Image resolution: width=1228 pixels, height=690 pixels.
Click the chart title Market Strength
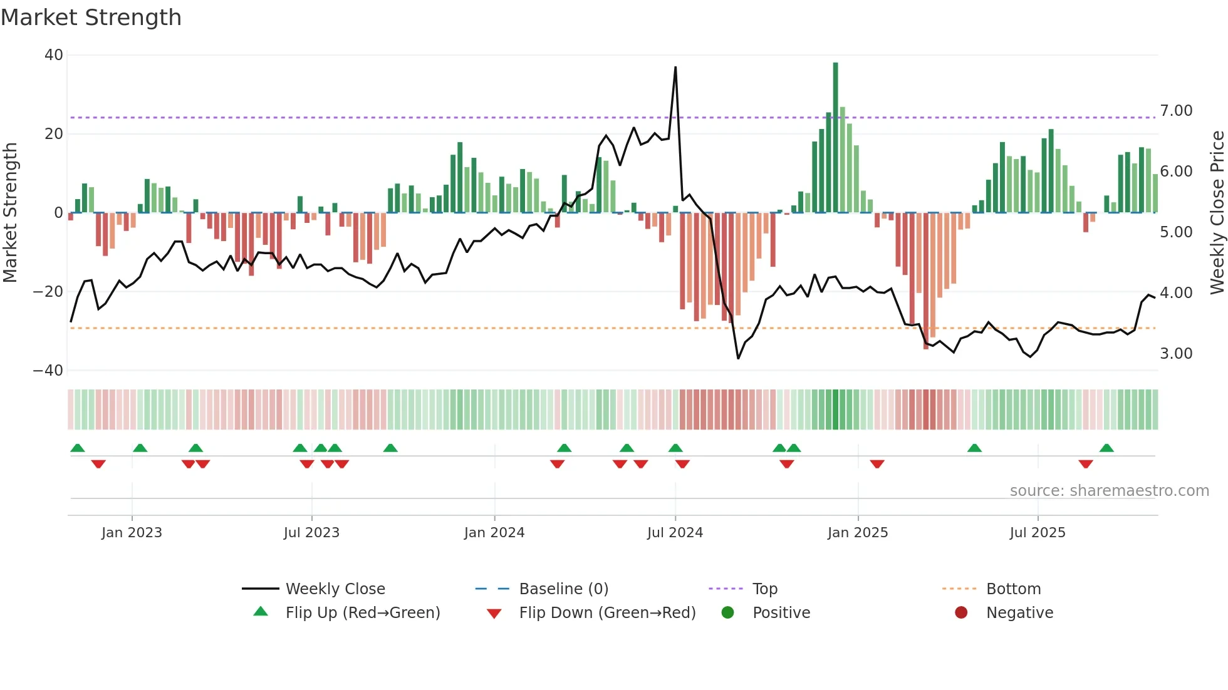(x=91, y=18)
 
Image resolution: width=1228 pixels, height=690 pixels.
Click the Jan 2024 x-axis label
(x=494, y=533)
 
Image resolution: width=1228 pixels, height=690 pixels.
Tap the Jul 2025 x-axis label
(x=1037, y=533)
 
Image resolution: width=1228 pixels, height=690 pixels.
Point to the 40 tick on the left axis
(x=54, y=55)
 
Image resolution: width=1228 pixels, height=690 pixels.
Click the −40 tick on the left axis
(x=49, y=371)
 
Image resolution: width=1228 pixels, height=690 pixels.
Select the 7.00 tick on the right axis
(x=1176, y=111)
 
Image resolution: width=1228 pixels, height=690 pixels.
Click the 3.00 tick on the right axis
(x=1176, y=354)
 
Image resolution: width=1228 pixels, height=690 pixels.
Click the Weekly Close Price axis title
(x=1217, y=213)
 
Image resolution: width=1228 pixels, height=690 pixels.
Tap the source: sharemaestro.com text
(x=1109, y=491)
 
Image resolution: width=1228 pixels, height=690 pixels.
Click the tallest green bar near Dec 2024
(x=835, y=138)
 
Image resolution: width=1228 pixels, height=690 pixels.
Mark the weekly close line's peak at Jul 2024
(x=675, y=67)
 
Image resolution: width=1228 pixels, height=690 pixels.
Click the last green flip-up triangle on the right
(x=1106, y=448)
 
